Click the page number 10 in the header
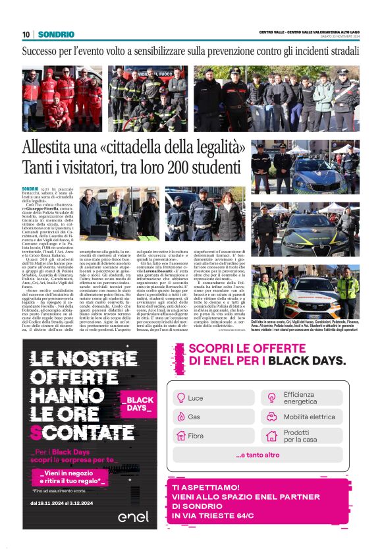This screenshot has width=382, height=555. coord(26,34)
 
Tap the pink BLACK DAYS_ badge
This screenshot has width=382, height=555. coord(138,403)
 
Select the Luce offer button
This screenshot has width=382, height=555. coord(213,397)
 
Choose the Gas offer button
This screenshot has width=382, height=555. coord(213,417)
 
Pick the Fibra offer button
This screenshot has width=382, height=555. coord(213,436)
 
